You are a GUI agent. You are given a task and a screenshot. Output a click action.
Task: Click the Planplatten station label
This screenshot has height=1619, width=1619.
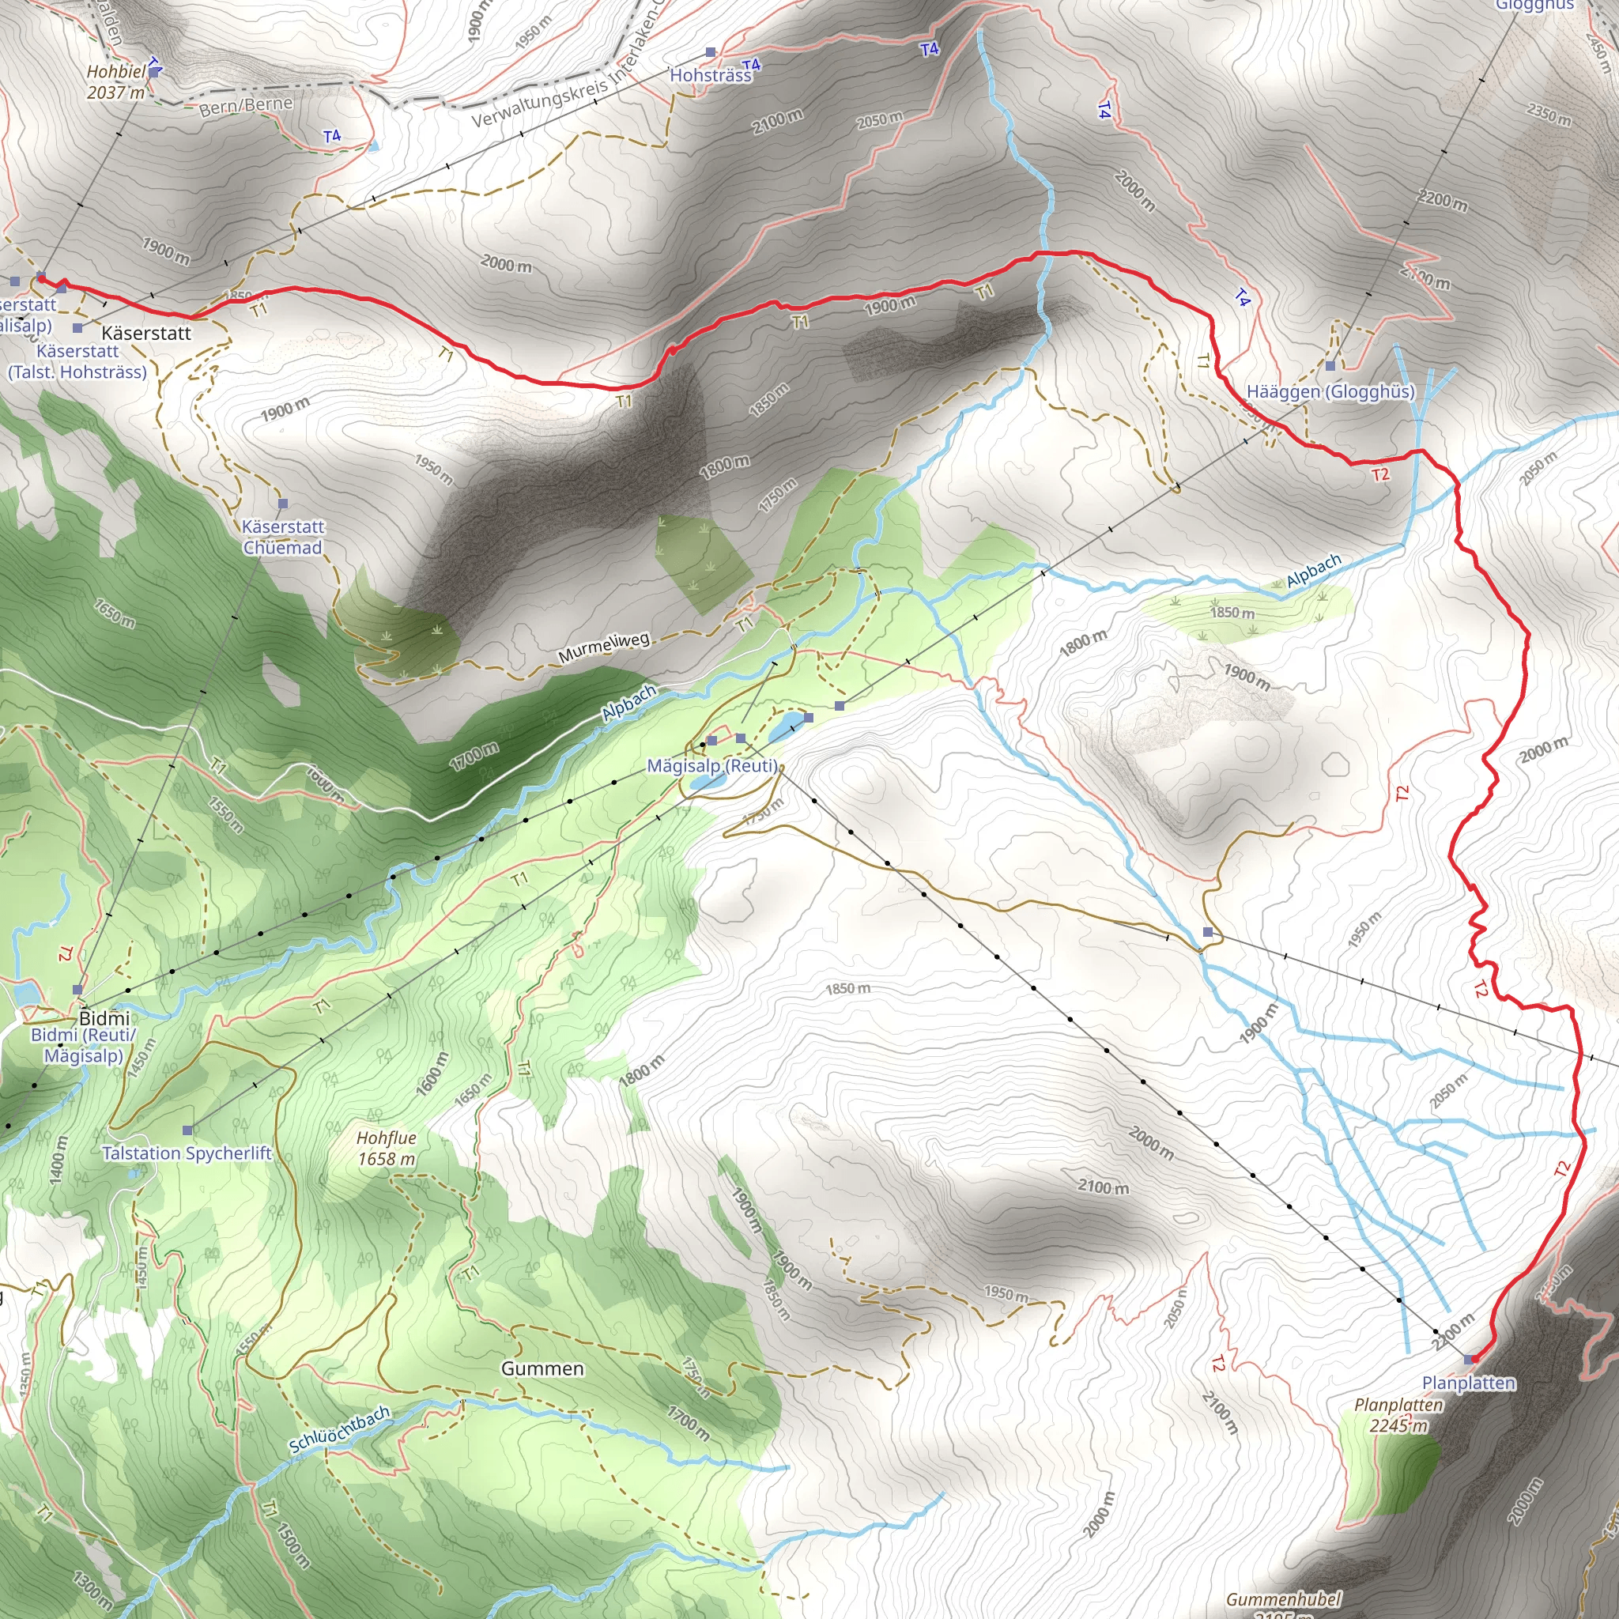(1468, 1383)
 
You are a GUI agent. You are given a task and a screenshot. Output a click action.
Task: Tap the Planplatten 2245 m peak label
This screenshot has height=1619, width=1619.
(1398, 1414)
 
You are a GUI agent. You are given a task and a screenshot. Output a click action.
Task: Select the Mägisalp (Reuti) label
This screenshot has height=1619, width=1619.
(712, 766)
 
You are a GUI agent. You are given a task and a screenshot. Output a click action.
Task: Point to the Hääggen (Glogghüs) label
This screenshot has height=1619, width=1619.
(1330, 391)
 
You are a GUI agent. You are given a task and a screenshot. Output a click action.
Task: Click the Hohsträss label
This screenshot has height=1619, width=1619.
(711, 75)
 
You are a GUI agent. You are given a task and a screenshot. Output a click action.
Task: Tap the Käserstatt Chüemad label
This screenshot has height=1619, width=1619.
(282, 537)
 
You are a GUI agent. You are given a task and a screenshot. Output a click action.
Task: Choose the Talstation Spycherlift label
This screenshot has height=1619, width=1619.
(187, 1153)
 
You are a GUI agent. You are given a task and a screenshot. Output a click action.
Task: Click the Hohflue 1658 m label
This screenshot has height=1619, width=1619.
(387, 1148)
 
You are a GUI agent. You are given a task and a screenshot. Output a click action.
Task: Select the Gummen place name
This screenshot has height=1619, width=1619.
(542, 1368)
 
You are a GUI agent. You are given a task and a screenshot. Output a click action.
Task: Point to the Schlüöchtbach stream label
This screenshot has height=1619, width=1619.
(339, 1428)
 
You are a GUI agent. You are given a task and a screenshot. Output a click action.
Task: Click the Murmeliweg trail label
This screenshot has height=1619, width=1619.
(604, 647)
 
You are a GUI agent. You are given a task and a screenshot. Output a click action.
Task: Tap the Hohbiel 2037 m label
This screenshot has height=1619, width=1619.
(116, 82)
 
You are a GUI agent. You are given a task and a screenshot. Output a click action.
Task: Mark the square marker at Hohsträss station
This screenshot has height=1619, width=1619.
(711, 53)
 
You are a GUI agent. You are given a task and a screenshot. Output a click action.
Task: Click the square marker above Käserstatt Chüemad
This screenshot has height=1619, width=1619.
(282, 504)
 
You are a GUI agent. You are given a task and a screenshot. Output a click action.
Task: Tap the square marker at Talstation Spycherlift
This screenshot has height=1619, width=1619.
(187, 1130)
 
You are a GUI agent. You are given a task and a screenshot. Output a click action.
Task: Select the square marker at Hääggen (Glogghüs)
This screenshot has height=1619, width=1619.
(1330, 366)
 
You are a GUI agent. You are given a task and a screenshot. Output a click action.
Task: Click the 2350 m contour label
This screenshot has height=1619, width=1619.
(1549, 115)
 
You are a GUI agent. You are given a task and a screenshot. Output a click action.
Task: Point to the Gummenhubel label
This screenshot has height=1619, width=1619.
(1284, 1599)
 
